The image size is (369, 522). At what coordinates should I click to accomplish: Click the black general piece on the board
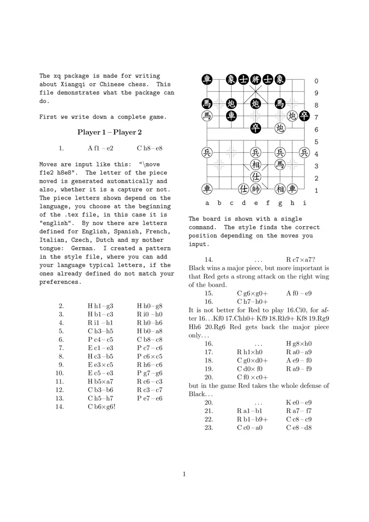click(x=256, y=80)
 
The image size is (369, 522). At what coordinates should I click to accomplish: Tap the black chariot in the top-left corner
click(x=207, y=80)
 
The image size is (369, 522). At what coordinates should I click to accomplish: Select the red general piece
click(x=256, y=189)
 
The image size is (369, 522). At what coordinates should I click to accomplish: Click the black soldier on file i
click(x=304, y=116)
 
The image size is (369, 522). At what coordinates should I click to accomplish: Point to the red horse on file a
click(x=207, y=116)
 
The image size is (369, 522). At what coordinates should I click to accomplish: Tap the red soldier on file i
click(x=304, y=152)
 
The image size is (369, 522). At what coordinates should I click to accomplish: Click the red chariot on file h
click(x=292, y=189)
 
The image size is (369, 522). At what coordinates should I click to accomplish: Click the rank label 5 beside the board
click(x=316, y=142)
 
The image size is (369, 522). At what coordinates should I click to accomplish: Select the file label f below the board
click(x=268, y=203)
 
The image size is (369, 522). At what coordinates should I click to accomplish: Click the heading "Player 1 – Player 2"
click(x=109, y=132)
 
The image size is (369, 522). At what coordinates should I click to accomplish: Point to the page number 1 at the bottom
click(x=184, y=474)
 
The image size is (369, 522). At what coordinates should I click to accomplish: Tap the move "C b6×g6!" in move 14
click(x=101, y=407)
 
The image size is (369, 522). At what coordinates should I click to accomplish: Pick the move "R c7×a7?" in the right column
click(x=301, y=260)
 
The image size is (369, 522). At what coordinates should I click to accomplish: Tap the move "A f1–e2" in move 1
click(x=101, y=148)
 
